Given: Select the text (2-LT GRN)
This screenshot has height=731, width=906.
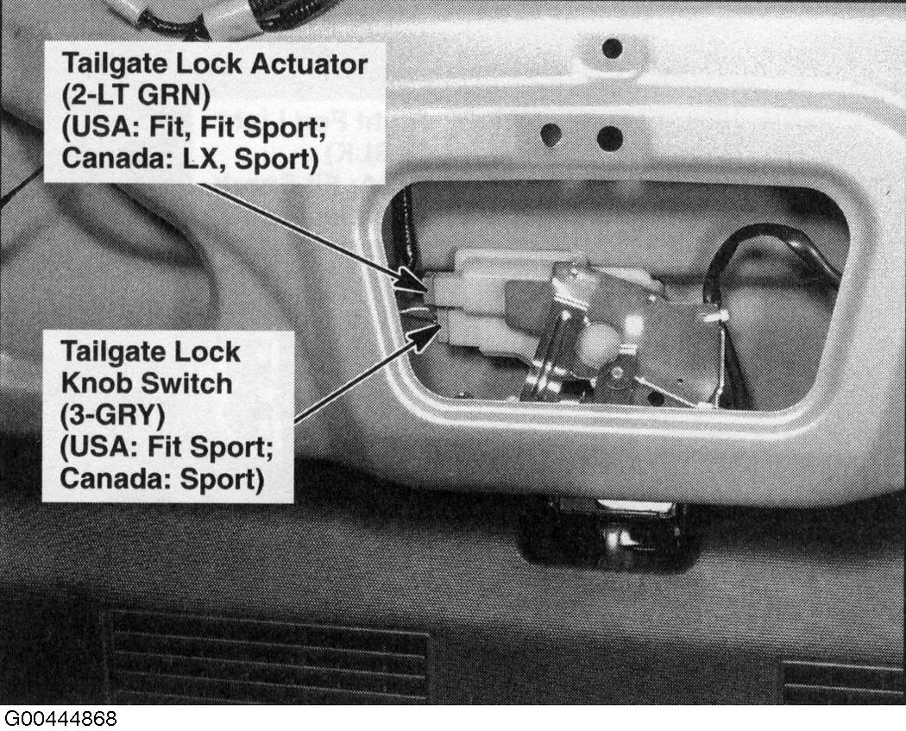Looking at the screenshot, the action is coord(136,95).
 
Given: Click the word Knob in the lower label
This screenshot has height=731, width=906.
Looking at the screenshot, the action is coord(97,383).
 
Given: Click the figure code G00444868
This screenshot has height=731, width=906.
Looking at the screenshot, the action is coord(60,719).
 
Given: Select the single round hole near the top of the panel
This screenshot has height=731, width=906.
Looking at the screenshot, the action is coord(612,48).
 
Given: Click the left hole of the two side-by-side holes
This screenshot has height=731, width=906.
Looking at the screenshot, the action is coord(551,135).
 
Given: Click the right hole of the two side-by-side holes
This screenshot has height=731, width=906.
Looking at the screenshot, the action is coord(610,139).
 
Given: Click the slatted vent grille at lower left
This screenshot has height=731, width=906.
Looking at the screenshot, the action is coord(266,659).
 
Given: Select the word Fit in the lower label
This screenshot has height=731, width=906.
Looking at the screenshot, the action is coord(166,447).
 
